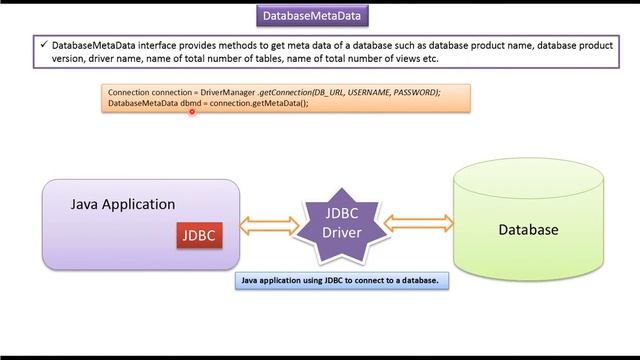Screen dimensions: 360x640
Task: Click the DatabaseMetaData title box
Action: [x=313, y=16]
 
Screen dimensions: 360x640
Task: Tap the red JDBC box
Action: [x=197, y=236]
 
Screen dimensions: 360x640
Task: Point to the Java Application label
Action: [x=123, y=204]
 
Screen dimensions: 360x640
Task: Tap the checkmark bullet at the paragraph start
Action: [x=43, y=46]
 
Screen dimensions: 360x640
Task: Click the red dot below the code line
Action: [x=192, y=112]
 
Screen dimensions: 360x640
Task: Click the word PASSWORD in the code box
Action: [x=413, y=92]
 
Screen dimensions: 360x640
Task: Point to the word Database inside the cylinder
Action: [x=528, y=230]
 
